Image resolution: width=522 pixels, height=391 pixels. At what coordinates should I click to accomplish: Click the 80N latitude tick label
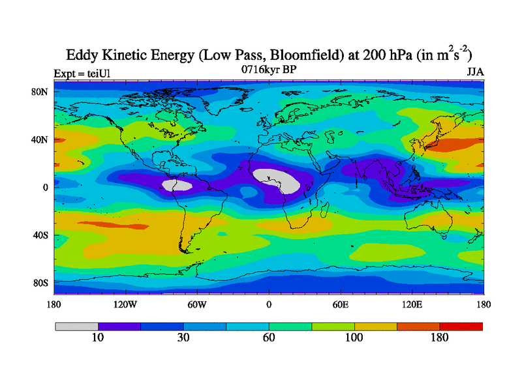tap(40, 92)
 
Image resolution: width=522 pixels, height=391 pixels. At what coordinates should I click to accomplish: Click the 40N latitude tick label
tap(40, 139)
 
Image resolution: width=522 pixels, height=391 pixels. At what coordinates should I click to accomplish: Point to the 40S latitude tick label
tap(40, 235)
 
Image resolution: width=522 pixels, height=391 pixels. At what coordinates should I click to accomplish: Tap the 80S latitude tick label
tap(40, 283)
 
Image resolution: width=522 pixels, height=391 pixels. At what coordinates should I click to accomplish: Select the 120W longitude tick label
tap(125, 304)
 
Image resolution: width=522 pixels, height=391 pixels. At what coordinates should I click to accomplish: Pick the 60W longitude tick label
tap(196, 304)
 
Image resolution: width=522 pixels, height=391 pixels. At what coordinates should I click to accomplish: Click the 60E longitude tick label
tap(340, 304)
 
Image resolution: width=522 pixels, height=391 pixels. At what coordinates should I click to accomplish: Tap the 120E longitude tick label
tap(412, 304)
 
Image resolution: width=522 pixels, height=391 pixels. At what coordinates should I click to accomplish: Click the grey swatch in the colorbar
tap(76, 326)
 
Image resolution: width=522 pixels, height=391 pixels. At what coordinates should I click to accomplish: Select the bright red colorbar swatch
tap(461, 326)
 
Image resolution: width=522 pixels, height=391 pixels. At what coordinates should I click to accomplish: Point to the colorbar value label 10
tap(98, 338)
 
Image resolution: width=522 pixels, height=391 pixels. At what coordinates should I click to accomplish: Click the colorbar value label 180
tap(440, 338)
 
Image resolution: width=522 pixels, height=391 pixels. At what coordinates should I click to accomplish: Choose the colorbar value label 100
tap(354, 338)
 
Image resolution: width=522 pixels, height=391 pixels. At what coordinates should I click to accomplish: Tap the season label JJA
tap(474, 72)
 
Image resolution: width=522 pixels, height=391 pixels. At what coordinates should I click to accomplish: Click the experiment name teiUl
tap(95, 72)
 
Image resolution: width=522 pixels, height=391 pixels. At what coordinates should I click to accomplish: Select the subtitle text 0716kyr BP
tap(268, 70)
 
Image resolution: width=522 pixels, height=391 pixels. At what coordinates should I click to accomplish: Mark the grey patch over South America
tap(177, 186)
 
